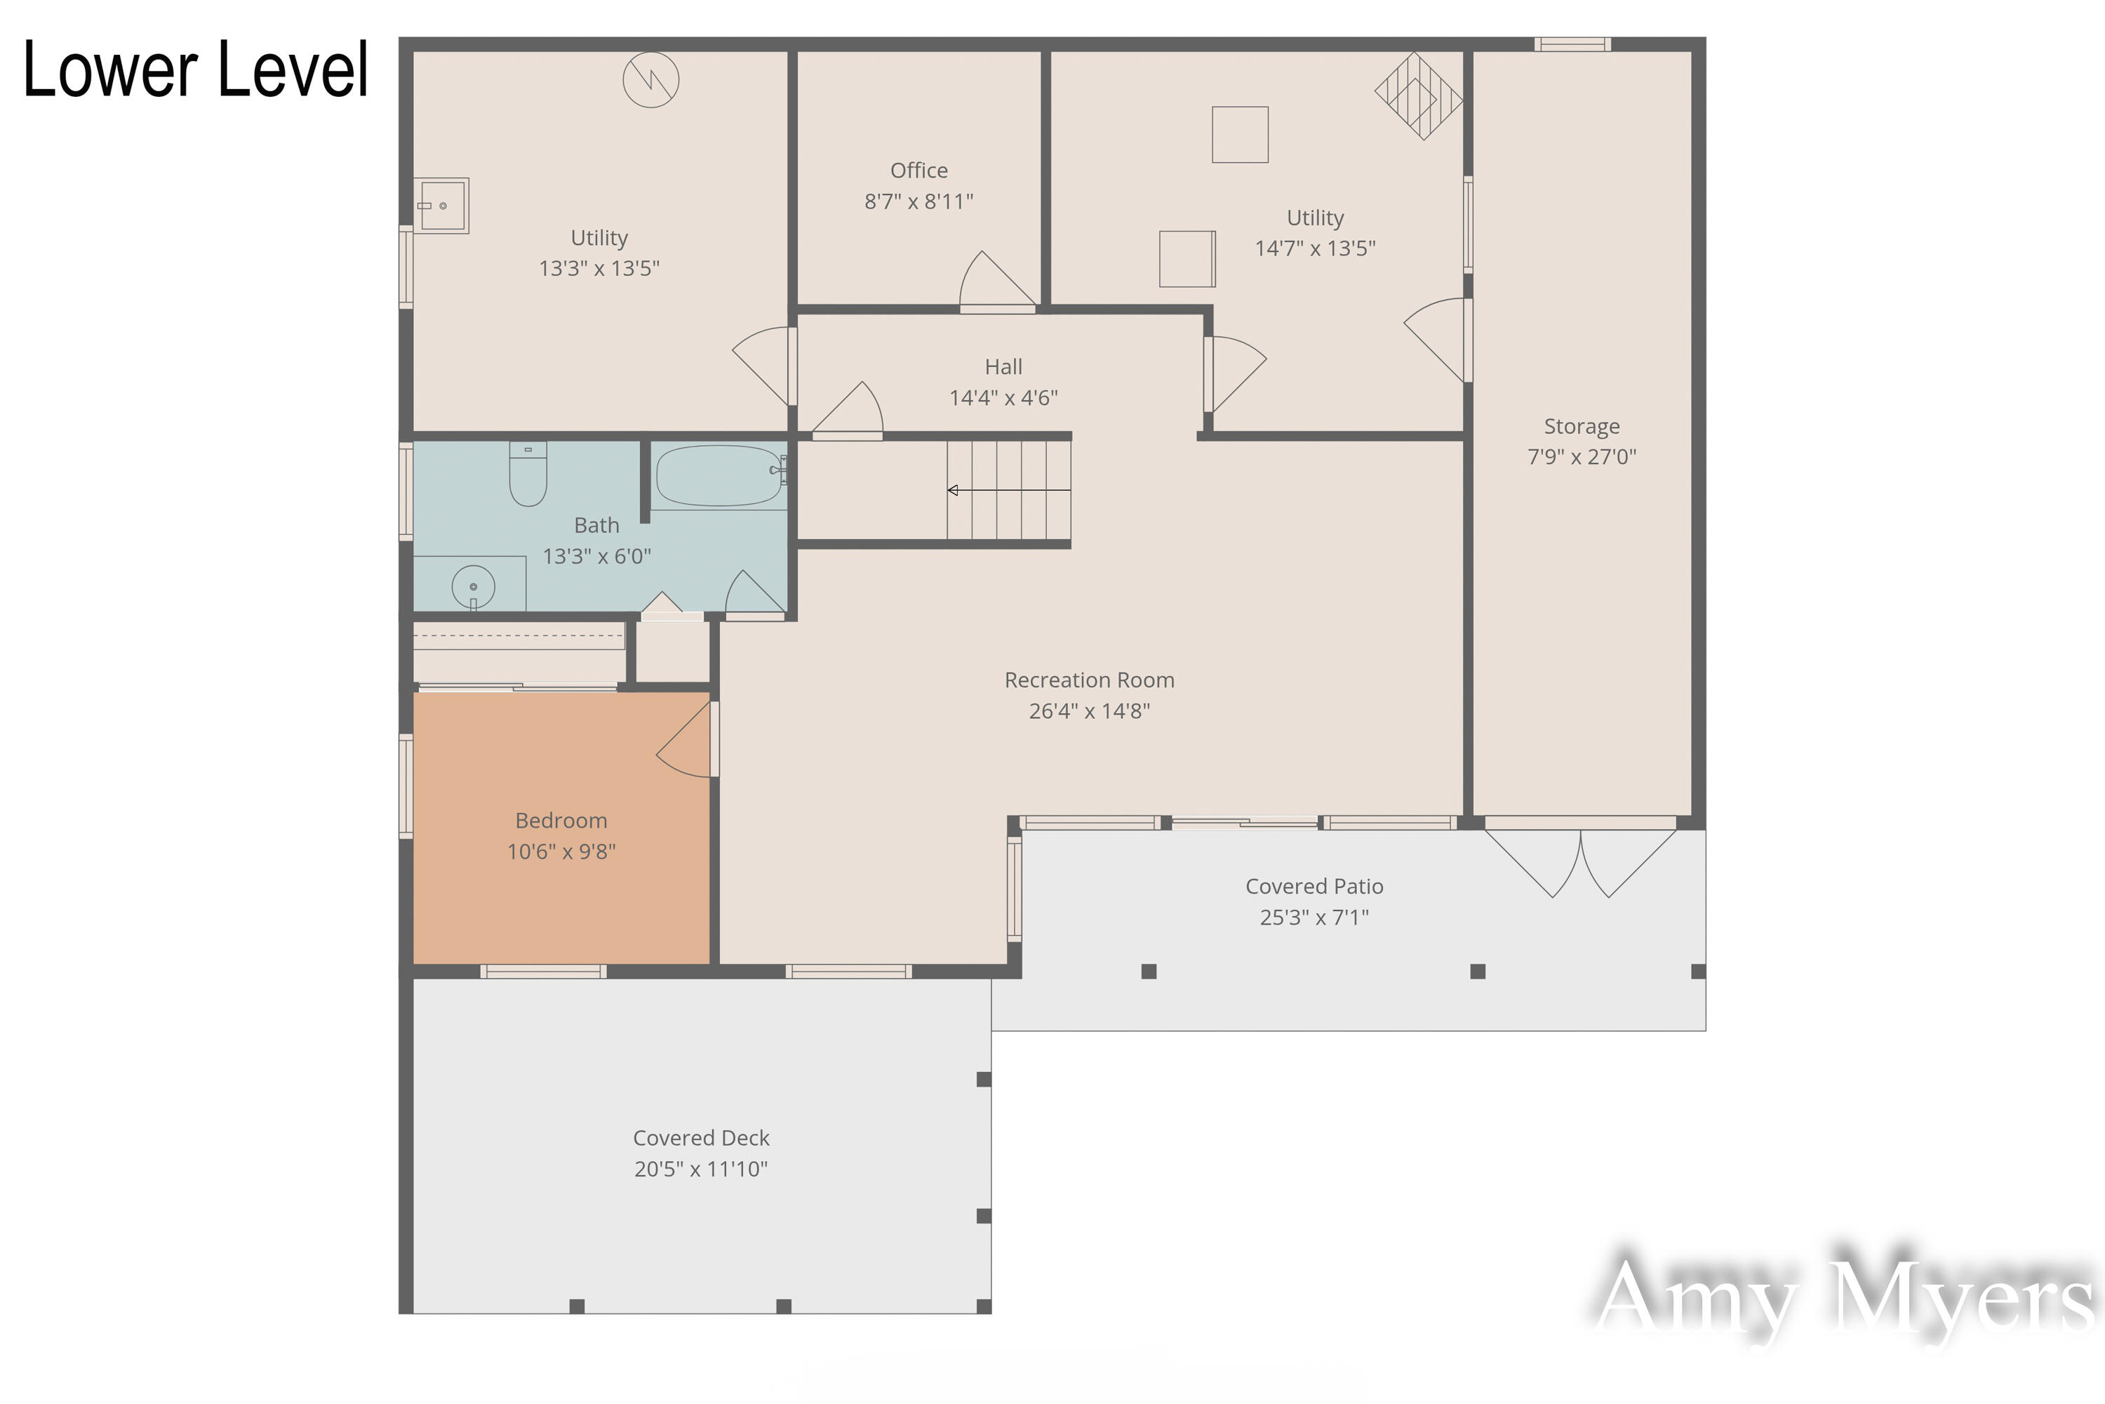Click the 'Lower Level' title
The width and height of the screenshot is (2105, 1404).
pos(195,69)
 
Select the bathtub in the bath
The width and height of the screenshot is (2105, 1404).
pos(719,475)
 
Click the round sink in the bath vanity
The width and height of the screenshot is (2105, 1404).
pos(474,586)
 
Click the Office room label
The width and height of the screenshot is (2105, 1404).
pos(918,170)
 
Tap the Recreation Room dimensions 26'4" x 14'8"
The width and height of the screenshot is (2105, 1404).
pos(1088,711)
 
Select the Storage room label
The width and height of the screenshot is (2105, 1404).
pos(1581,426)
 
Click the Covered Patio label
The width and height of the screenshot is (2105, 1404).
pos(1314,887)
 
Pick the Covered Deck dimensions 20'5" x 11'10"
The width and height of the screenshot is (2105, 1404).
pos(701,1169)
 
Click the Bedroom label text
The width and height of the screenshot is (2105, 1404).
pos(561,820)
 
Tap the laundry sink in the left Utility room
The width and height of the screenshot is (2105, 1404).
pos(442,206)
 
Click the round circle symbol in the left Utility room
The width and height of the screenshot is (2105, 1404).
pos(650,80)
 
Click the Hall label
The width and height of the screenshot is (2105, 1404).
pos(1003,367)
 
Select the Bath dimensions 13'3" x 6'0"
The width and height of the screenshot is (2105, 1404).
pos(597,556)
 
